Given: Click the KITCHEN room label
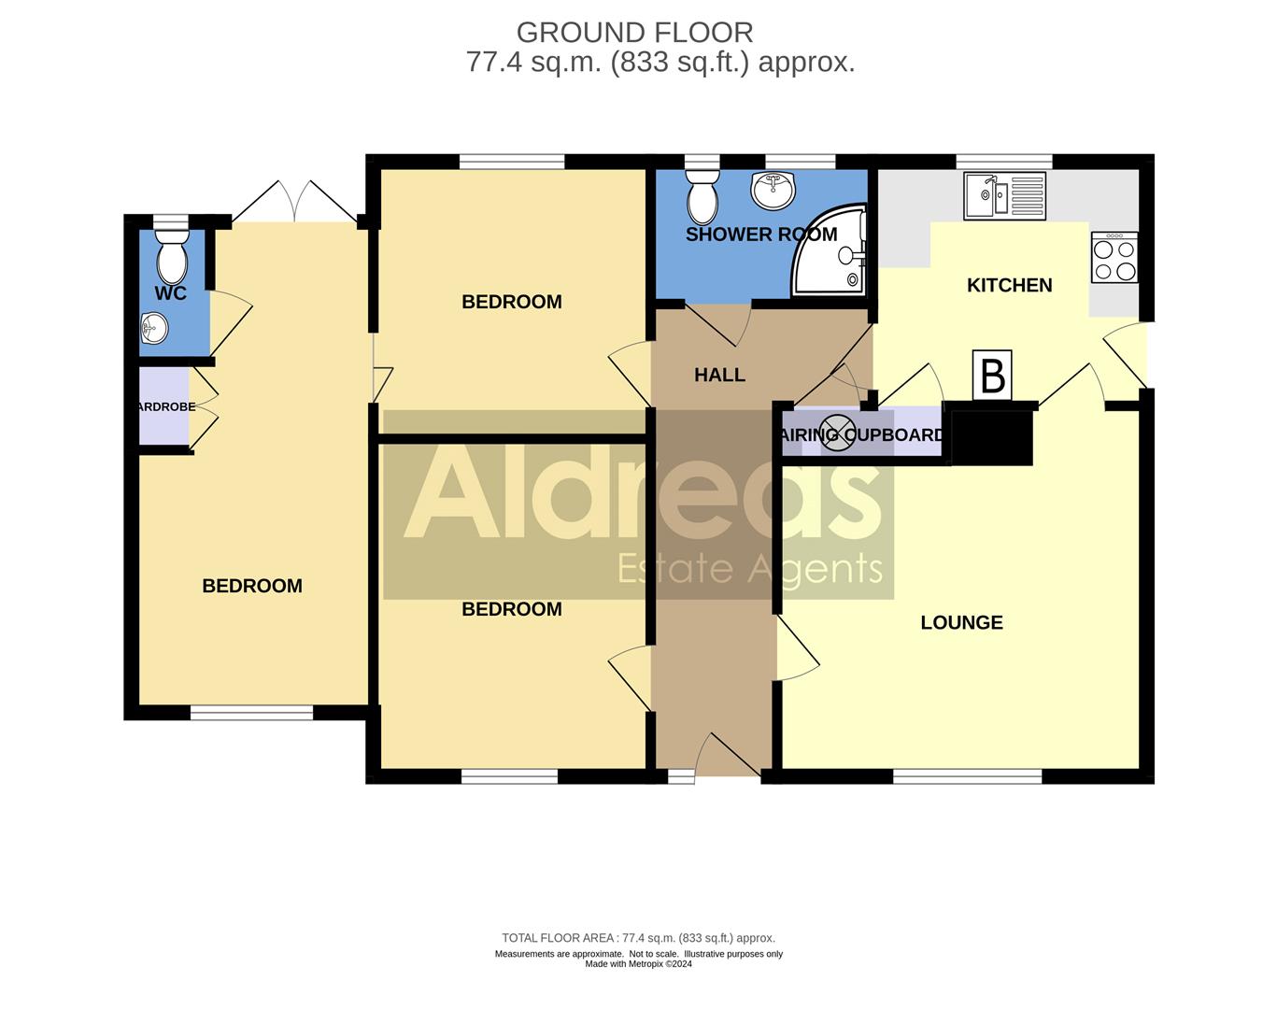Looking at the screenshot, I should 1009,286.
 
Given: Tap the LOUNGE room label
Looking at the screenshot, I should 961,623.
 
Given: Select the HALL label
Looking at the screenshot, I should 719,376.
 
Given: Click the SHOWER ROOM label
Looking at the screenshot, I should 761,234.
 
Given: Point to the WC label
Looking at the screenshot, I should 171,293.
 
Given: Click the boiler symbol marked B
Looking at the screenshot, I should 993,376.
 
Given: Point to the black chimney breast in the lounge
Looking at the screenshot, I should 992,437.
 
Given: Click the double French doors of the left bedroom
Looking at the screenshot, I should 294,201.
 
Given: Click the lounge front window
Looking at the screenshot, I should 967,776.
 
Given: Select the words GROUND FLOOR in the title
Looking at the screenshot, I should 634,33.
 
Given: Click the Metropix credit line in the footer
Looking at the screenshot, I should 639,964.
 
